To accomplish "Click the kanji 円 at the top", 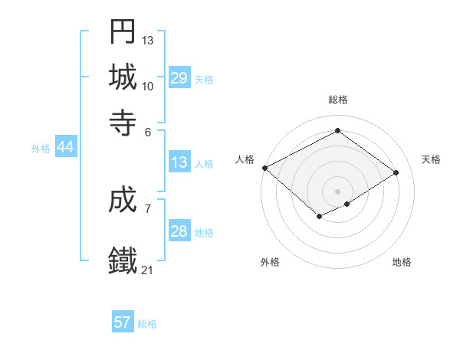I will click(123, 31).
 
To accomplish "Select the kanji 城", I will click(123, 77).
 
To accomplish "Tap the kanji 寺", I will click(123, 122).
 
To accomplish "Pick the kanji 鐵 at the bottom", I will click(123, 260).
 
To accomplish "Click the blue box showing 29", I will click(179, 78).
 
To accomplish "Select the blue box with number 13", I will click(179, 163).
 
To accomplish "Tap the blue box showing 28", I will click(179, 231).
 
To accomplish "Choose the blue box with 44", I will click(65, 148).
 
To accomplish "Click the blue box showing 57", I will click(123, 322).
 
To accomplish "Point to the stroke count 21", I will click(147, 270).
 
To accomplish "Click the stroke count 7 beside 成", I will click(147, 208).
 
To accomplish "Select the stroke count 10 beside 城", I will click(147, 86).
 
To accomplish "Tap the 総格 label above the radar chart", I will click(338, 100).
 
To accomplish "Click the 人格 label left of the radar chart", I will click(245, 159).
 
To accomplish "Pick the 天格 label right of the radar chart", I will click(431, 159).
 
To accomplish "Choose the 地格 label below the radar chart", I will click(402, 262).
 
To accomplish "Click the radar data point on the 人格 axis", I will click(264, 168).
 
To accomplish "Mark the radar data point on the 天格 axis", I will click(396, 173).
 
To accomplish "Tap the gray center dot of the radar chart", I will click(338, 191).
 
